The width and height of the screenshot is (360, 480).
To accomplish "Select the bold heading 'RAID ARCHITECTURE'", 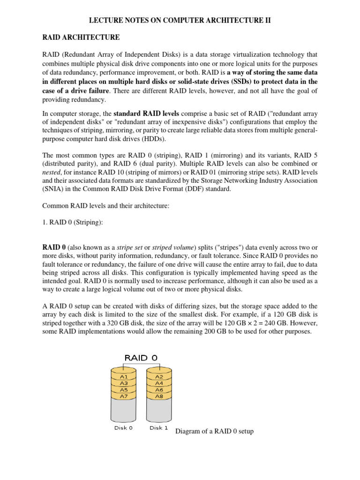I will pyautogui.click(x=81, y=37).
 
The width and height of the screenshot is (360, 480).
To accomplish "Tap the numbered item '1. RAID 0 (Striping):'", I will pyautogui.click(x=73, y=223).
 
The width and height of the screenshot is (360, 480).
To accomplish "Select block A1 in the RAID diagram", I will pyautogui.click(x=124, y=376).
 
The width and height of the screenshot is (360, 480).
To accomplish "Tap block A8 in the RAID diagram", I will pyautogui.click(x=159, y=396).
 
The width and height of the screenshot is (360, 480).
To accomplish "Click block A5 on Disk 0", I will pyautogui.click(x=124, y=390).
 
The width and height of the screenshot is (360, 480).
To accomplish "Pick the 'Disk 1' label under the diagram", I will pyautogui.click(x=159, y=427).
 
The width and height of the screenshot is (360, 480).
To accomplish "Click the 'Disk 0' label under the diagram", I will pyautogui.click(x=124, y=427).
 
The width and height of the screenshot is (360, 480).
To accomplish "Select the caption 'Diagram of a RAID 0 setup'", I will pyautogui.click(x=214, y=431).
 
